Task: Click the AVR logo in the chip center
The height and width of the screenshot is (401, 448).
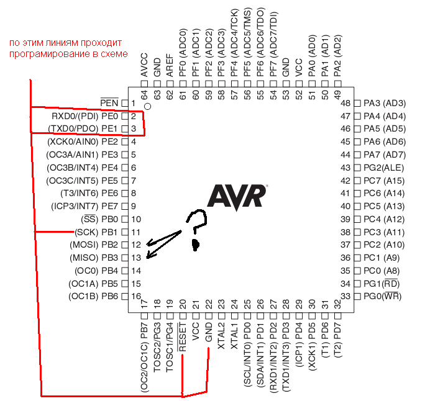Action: click(x=237, y=197)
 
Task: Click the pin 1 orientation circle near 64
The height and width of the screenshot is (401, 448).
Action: click(x=148, y=107)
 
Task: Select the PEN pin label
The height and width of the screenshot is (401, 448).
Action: click(x=109, y=103)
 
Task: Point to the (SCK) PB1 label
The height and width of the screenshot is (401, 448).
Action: click(x=96, y=232)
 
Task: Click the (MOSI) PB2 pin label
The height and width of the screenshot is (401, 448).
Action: click(x=94, y=245)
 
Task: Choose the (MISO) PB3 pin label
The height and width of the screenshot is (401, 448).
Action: click(x=94, y=258)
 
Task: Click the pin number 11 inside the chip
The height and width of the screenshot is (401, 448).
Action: click(x=135, y=232)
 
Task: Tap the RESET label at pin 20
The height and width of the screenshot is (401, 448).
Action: click(x=183, y=337)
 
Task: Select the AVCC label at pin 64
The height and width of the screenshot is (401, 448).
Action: click(x=144, y=65)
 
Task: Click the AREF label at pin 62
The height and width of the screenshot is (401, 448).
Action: click(x=170, y=65)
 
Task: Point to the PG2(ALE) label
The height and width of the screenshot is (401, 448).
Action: click(x=384, y=168)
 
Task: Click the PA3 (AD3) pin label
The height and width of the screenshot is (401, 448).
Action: click(x=385, y=103)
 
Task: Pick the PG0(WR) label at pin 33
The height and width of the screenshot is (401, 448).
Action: click(x=383, y=296)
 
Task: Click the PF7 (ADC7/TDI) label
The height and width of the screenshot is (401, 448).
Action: click(x=273, y=44)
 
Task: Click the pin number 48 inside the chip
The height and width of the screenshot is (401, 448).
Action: click(x=345, y=103)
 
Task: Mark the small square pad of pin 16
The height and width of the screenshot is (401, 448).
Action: click(x=124, y=297)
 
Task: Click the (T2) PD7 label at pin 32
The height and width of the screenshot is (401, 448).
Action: click(x=337, y=340)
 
